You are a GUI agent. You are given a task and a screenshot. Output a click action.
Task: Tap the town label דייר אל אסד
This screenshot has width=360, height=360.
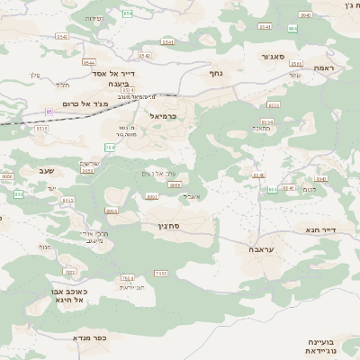tap(114, 74)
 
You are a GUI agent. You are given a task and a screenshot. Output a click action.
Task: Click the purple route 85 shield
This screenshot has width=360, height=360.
tap(49, 112)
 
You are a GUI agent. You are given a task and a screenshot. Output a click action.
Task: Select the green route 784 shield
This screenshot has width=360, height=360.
tap(110, 147)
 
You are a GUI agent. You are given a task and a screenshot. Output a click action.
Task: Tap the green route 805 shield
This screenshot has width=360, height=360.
tap(273, 189)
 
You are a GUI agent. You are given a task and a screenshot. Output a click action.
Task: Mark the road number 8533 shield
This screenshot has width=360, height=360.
tap(266, 121)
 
